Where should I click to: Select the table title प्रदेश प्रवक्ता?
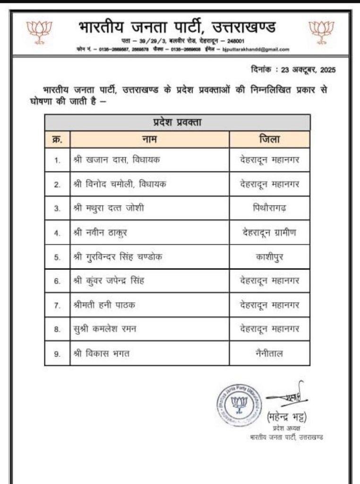(177, 122)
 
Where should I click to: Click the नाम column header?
(149, 139)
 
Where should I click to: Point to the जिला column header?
(269, 139)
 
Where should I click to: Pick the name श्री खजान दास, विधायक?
(116, 160)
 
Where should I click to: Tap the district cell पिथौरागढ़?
(269, 208)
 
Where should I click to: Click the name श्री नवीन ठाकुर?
(101, 232)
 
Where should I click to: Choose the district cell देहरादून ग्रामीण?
(269, 232)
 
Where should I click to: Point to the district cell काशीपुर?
(269, 256)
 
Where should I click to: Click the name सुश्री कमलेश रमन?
(104, 329)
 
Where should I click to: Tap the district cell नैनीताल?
(269, 353)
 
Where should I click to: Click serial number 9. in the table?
(57, 354)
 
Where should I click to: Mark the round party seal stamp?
(239, 404)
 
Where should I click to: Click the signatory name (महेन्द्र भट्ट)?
(287, 417)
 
